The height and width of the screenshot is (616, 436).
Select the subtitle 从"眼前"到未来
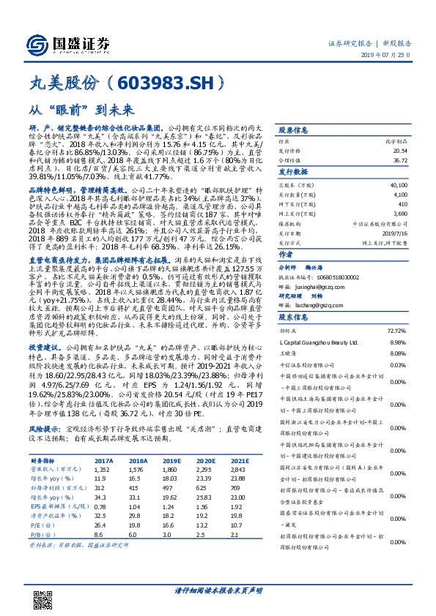pyautogui.click(x=81, y=110)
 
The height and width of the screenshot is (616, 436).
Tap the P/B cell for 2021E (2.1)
pyautogui.click(x=235, y=534)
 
